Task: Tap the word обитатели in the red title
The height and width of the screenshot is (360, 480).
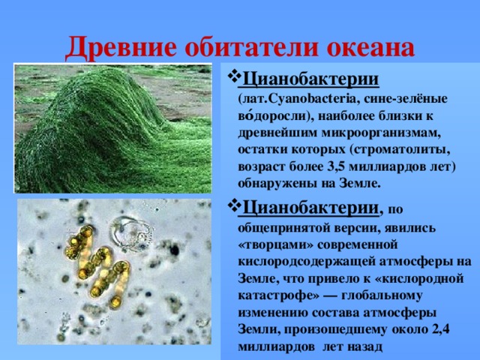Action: click(x=251, y=47)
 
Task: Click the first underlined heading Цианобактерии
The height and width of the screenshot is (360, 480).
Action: click(x=310, y=79)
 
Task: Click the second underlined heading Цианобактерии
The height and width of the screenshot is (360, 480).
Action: click(x=310, y=208)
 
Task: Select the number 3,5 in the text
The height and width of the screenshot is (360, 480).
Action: click(x=336, y=166)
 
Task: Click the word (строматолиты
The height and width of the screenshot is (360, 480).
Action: click(x=398, y=150)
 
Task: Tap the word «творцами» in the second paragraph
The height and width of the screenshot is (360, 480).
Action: click(x=275, y=245)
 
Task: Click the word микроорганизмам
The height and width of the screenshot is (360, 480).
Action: click(x=381, y=133)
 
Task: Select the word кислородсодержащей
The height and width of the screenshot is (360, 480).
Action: click(x=307, y=262)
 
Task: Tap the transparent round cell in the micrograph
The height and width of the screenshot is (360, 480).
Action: click(x=132, y=233)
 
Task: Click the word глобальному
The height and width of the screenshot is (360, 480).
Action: click(x=382, y=295)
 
